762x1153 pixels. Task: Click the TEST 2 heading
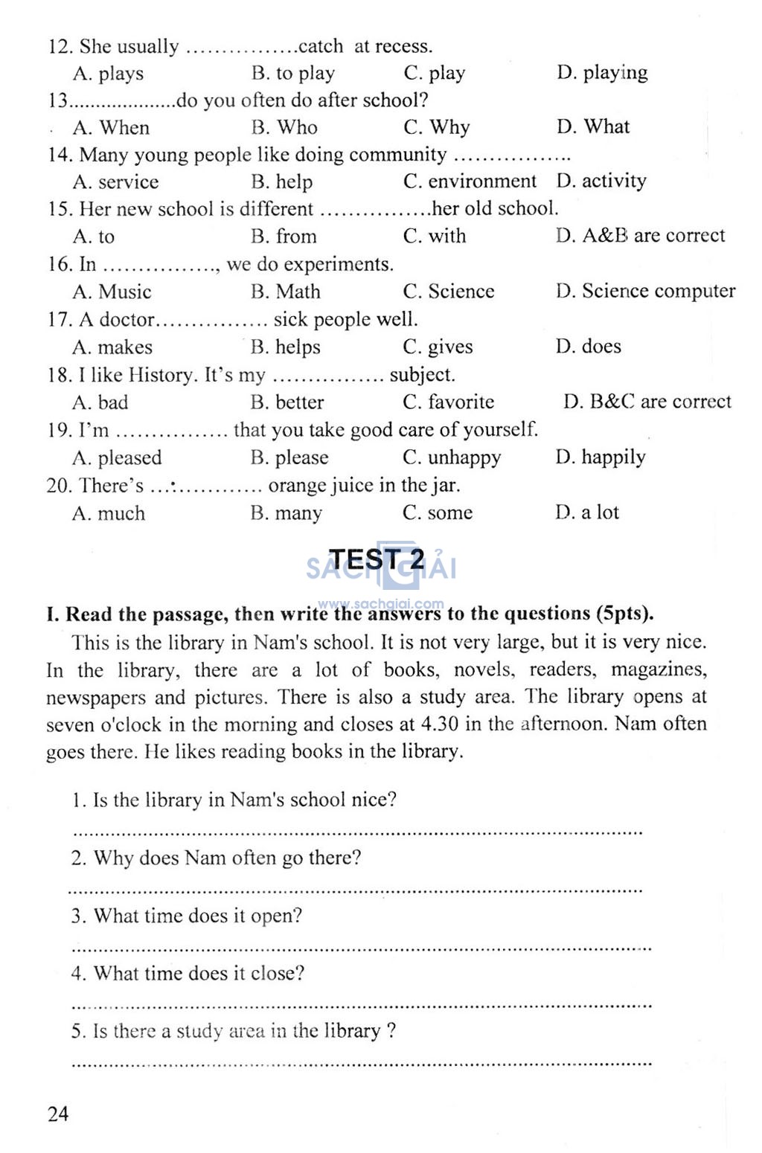pos(377,559)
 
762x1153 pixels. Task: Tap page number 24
pos(58,1114)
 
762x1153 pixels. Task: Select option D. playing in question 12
pos(602,73)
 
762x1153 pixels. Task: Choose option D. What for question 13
pos(592,127)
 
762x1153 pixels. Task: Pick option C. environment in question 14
pos(470,182)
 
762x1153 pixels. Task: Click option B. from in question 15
pos(284,237)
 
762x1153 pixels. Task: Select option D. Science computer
pos(645,291)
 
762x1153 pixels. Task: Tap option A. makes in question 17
pos(112,347)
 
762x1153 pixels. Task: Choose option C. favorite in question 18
pos(448,402)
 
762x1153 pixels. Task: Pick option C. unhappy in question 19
pos(452,457)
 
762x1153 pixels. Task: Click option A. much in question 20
pos(109,513)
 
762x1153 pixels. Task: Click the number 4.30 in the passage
pos(440,724)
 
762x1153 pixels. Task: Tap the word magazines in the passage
pos(659,669)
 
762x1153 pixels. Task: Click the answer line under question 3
pos(361,948)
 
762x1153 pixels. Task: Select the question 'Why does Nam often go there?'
pos(216,858)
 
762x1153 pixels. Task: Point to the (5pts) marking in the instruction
pos(624,614)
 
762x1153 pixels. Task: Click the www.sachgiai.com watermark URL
pos(380,604)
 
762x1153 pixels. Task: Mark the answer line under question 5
pos(361,1064)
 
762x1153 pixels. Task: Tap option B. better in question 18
pos(287,402)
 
